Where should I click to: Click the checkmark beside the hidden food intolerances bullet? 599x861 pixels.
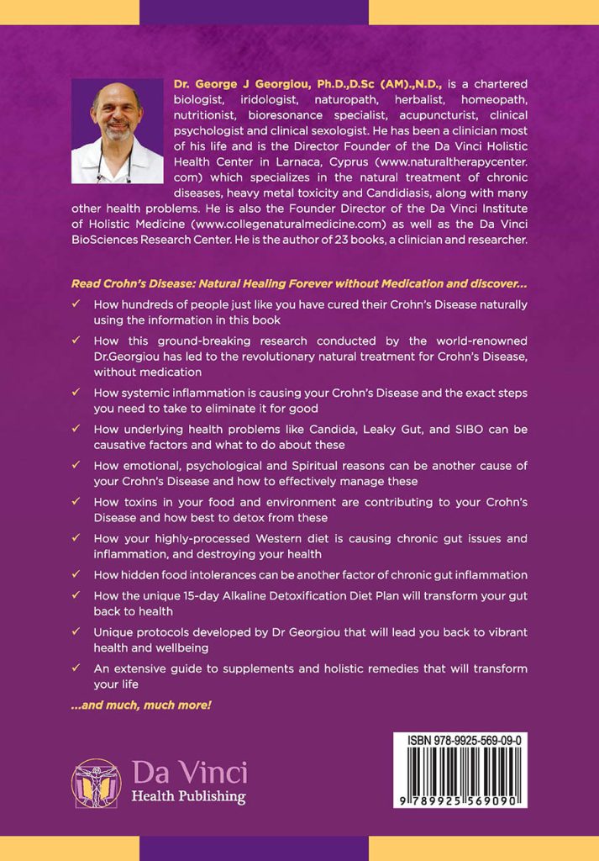point(76,575)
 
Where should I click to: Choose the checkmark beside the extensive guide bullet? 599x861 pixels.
point(76,669)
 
